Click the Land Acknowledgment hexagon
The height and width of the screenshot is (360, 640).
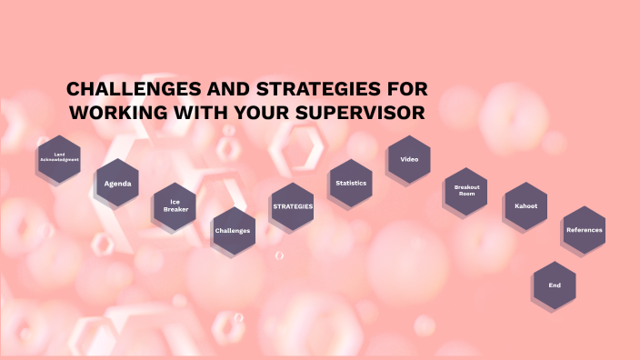click(x=59, y=158)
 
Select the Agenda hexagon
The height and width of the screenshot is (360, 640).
click(x=117, y=184)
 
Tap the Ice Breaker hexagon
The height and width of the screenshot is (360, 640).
click(x=175, y=206)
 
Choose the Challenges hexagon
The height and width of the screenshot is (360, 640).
click(x=233, y=230)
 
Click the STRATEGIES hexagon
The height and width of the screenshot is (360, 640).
click(x=293, y=206)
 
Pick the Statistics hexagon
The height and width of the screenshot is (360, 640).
click(x=351, y=183)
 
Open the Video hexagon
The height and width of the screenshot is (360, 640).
click(x=409, y=159)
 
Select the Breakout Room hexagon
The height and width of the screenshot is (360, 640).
click(x=466, y=191)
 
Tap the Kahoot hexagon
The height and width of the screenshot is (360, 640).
click(x=525, y=206)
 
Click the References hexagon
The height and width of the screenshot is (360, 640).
click(x=584, y=230)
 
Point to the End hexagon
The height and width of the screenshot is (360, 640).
click(x=555, y=285)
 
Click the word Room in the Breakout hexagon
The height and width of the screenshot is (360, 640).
click(x=466, y=195)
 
